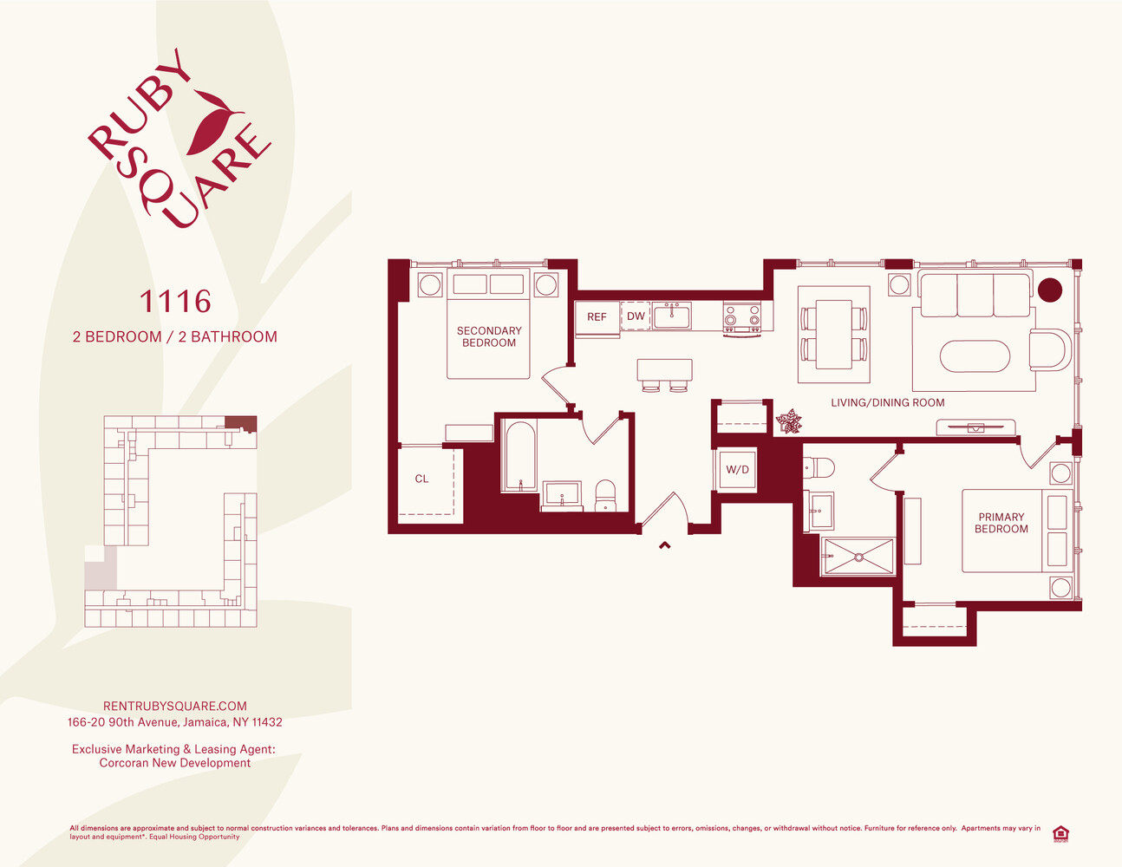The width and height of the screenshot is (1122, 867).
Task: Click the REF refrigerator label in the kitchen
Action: tap(597, 316)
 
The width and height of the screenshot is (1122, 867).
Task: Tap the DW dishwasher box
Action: tap(636, 316)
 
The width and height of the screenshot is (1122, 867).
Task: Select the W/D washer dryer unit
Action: tap(737, 469)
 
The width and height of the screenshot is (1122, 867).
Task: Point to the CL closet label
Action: tap(421, 479)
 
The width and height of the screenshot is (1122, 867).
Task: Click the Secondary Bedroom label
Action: tap(489, 336)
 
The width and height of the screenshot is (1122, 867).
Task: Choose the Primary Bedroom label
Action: tap(1001, 523)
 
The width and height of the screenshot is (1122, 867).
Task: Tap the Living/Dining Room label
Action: tap(888, 402)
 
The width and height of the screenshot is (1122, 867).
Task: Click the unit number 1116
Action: tap(175, 302)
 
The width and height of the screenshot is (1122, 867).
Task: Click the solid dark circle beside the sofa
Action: tap(1050, 290)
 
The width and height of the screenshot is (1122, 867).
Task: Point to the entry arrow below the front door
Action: tap(664, 544)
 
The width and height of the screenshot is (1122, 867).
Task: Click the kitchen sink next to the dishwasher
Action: tap(671, 316)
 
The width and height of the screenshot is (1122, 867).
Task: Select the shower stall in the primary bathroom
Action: tap(858, 557)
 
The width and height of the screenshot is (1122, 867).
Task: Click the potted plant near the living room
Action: tap(789, 421)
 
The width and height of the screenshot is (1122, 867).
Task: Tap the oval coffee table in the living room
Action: tap(975, 356)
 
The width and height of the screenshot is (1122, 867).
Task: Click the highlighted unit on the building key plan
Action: tap(241, 424)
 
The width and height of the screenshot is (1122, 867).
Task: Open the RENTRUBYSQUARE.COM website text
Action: tap(175, 706)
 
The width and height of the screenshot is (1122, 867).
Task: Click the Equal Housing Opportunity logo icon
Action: tap(1060, 834)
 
